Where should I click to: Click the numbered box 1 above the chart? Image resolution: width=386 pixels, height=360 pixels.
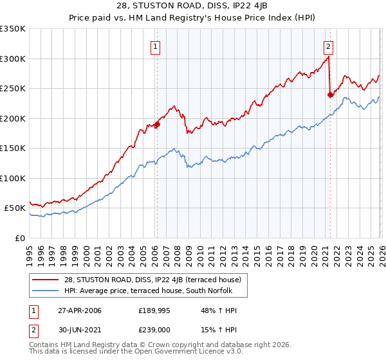point(156,46)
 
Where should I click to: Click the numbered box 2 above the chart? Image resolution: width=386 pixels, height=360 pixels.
point(328,46)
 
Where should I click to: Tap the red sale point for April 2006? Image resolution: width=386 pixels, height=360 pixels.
point(156,125)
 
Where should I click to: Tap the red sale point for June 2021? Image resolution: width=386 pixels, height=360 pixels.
point(330,94)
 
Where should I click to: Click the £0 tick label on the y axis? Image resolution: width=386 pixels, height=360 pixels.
point(21,238)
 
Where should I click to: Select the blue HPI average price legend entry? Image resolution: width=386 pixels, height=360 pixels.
point(152,291)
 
